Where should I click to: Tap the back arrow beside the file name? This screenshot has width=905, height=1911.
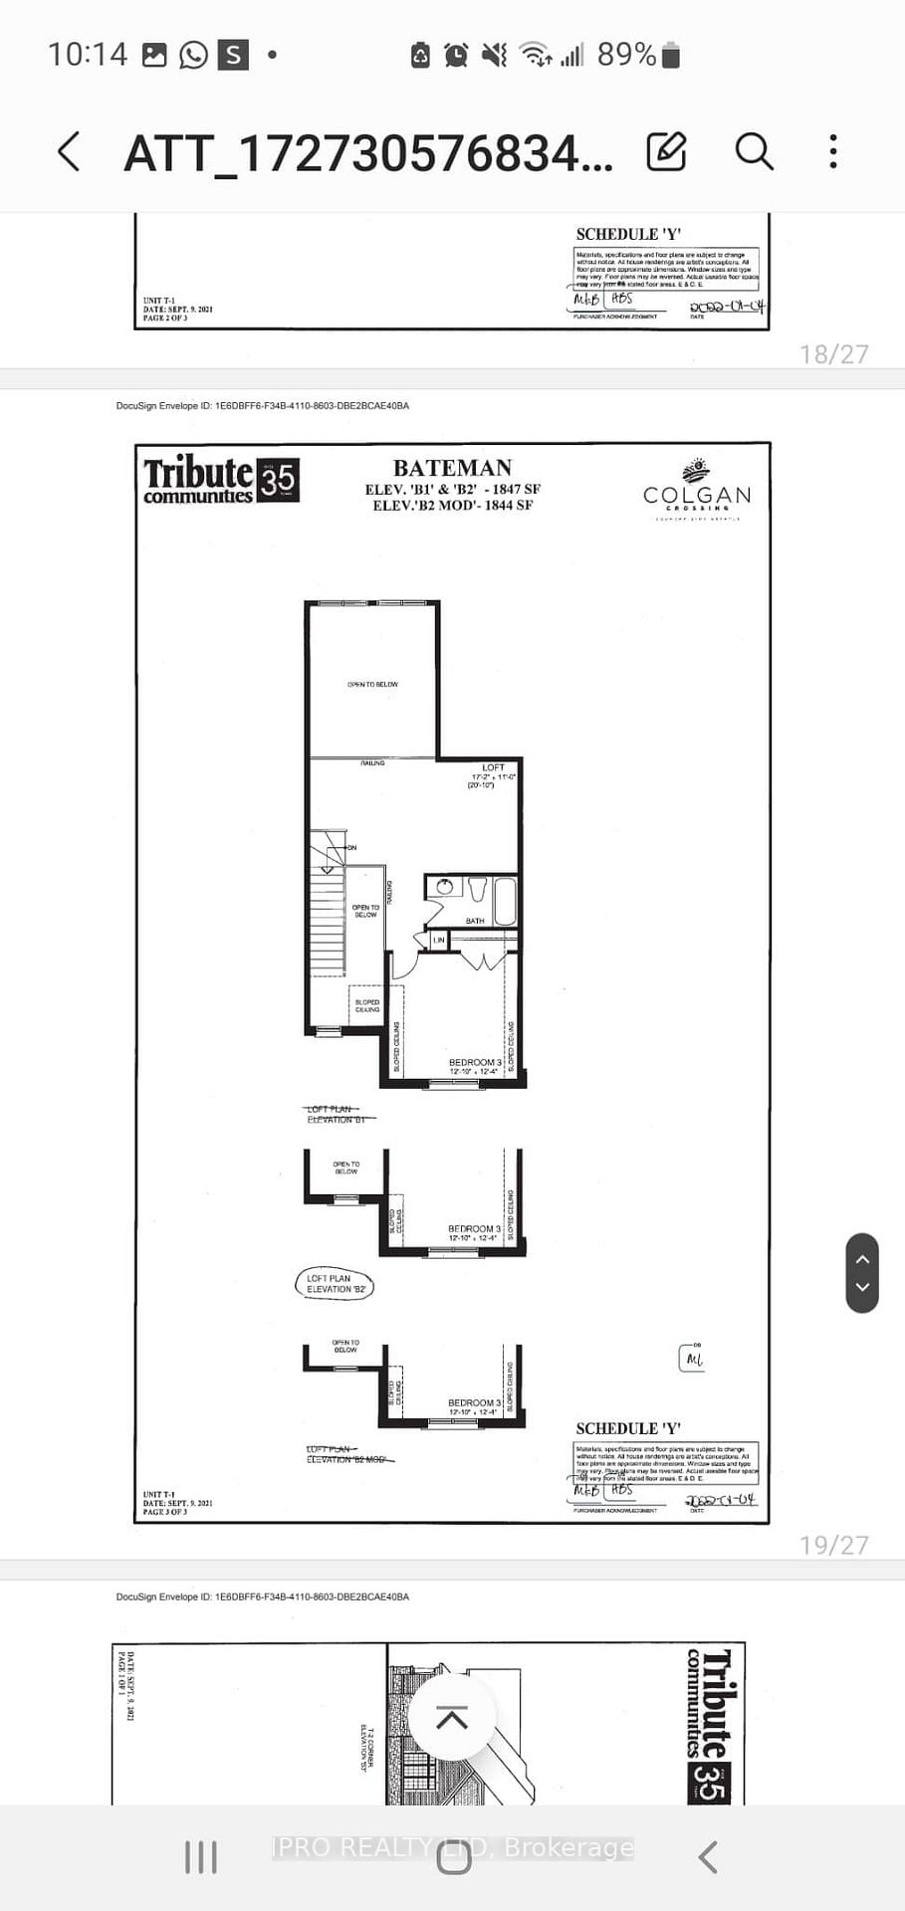click(x=68, y=152)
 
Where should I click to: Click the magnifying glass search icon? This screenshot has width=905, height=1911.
click(x=754, y=152)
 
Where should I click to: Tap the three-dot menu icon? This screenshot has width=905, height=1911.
click(x=833, y=152)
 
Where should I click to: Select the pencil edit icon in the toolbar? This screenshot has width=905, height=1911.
click(x=666, y=152)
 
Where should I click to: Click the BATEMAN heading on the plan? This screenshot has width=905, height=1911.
click(x=452, y=468)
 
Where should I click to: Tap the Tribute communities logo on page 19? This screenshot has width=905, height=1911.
click(x=220, y=480)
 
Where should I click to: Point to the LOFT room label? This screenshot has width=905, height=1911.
click(x=493, y=767)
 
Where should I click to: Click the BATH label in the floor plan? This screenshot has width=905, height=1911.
click(x=475, y=921)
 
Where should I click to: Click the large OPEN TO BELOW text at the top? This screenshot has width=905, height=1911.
click(x=372, y=685)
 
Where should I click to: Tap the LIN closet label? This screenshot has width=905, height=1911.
click(x=438, y=940)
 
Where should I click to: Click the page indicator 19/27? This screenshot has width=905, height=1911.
click(x=833, y=1545)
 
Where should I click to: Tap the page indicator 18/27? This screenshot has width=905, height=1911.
click(x=833, y=354)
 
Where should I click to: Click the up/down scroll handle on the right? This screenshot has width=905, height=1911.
click(x=862, y=1273)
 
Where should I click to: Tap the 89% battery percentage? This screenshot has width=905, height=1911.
click(x=626, y=55)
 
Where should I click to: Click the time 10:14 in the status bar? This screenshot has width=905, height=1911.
click(x=88, y=55)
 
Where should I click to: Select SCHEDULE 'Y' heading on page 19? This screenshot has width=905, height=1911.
click(x=628, y=1428)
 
